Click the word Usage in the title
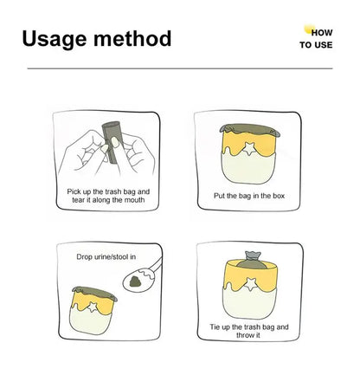(55, 39)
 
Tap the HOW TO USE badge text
(316, 39)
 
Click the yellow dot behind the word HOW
(310, 29)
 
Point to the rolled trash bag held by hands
(113, 142)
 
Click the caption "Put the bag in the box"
(249, 196)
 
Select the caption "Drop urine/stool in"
(106, 256)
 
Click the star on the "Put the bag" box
(248, 149)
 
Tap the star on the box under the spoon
(93, 307)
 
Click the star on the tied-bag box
(250, 284)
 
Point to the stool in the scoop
(135, 281)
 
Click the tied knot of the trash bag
(253, 256)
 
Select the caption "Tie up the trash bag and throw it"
(249, 331)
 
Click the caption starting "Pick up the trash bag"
(108, 196)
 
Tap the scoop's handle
(156, 265)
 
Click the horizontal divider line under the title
(180, 68)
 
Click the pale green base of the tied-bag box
(250, 303)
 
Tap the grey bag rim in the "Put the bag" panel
(249, 129)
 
